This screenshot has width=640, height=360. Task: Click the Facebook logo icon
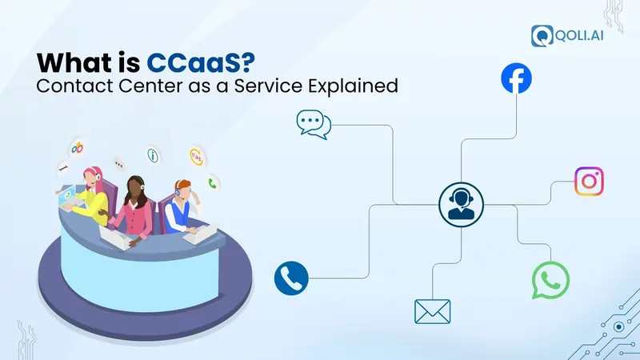(516, 79)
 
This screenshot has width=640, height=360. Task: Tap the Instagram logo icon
(590, 182)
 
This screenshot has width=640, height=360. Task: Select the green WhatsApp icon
(550, 280)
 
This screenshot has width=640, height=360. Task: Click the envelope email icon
(432, 310)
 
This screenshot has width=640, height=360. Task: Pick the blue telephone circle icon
(290, 278)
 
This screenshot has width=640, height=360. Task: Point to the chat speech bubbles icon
(313, 124)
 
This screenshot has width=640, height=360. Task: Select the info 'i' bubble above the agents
(153, 154)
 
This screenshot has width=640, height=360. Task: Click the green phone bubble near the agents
(213, 182)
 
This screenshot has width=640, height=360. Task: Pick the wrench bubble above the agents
(62, 169)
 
